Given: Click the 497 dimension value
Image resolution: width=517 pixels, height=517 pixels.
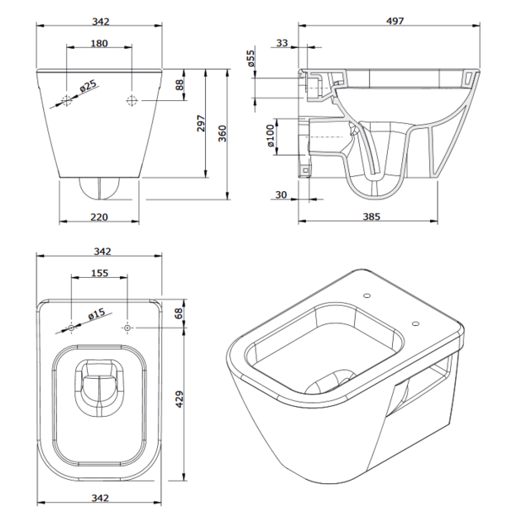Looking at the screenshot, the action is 395,22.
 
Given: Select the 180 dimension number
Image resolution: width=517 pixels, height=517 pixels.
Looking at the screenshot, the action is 99,43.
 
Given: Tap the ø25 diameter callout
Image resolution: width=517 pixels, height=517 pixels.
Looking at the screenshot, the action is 89,86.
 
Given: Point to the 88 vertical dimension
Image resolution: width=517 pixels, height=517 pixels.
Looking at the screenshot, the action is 180,84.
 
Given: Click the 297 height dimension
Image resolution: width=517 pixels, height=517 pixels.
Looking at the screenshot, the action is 201,123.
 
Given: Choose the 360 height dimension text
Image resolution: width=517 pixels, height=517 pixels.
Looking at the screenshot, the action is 223,133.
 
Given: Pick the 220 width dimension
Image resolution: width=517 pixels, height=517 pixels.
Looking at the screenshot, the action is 99,217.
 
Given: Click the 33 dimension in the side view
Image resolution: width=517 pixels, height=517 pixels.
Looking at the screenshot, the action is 282,43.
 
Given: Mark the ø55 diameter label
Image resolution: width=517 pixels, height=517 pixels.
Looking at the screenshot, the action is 251,58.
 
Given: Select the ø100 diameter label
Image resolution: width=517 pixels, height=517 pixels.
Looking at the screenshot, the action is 270,136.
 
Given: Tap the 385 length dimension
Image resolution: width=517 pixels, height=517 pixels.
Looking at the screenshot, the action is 371,217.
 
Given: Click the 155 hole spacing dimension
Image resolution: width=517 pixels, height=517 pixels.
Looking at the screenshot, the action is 99,273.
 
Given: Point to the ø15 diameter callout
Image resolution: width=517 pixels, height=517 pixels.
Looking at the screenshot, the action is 97,314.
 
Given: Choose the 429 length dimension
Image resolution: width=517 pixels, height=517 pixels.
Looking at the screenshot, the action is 179,399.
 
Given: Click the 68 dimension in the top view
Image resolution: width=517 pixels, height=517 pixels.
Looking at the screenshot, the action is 179,314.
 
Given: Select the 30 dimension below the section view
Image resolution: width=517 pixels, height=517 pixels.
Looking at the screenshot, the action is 281,195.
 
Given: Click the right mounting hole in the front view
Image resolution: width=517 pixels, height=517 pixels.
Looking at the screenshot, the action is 132,100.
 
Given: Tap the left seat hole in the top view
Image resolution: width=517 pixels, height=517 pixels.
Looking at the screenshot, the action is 71,328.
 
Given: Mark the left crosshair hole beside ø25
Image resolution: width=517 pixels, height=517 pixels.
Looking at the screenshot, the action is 67,100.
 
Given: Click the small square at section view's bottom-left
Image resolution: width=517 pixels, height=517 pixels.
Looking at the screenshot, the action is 305,170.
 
